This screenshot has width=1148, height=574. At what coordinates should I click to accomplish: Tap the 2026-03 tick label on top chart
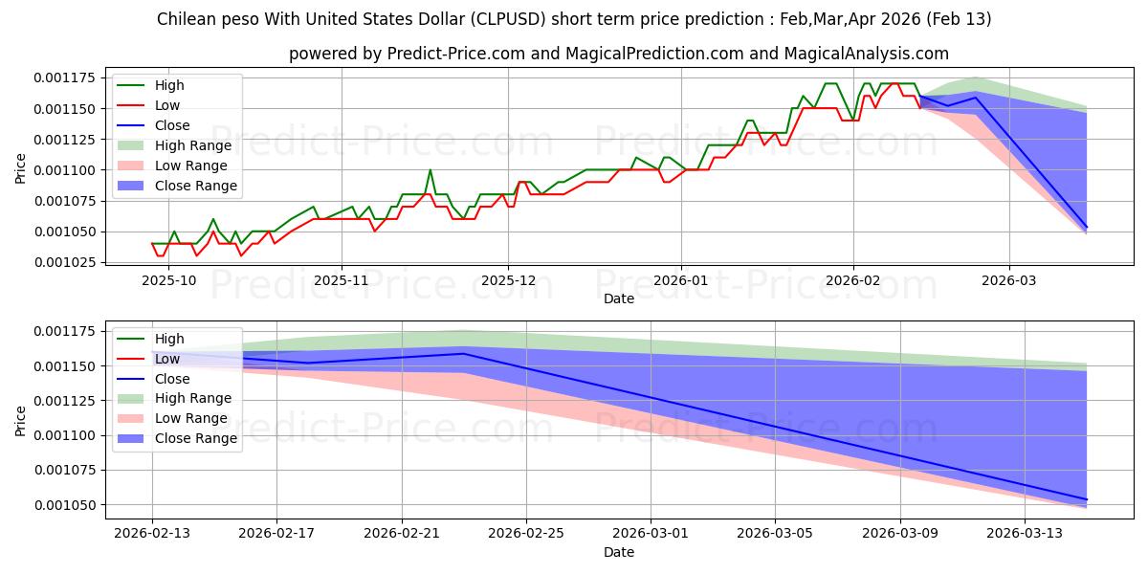pos(1008,279)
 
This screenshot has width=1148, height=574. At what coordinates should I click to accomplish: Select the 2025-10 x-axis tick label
pos(168,279)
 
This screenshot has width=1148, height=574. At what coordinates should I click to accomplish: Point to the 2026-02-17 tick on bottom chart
pos(276,533)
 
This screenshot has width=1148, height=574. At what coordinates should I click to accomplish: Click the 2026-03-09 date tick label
pos(900,533)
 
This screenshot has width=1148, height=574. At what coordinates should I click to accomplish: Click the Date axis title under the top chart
pos(618,298)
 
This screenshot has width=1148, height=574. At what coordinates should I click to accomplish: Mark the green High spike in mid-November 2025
pos(430,170)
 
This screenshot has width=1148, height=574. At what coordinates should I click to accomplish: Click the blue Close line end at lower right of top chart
pos(1087,228)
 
